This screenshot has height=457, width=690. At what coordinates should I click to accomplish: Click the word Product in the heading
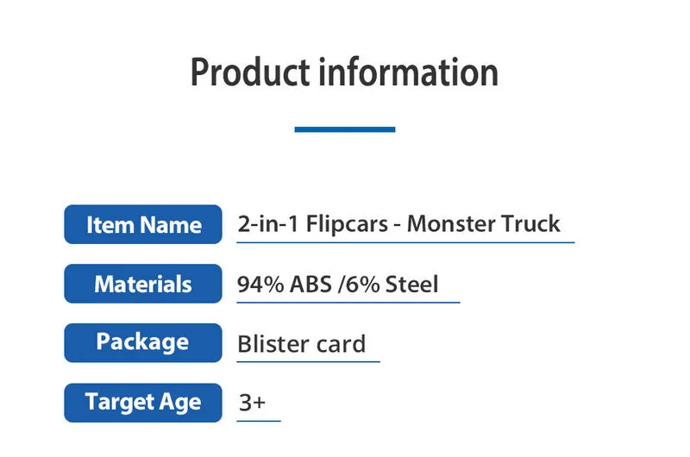250,72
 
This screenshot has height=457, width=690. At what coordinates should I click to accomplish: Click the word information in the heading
408,72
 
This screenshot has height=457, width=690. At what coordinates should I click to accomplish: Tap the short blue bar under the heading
345,129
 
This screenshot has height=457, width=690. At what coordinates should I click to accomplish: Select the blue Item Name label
143,224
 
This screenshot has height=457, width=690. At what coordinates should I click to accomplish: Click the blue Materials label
143,284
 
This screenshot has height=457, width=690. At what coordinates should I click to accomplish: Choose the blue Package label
143,343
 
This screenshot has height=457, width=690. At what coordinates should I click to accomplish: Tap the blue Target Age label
143,403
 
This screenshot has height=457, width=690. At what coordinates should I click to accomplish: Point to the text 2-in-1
268,223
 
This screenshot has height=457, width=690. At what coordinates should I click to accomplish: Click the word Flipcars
347,224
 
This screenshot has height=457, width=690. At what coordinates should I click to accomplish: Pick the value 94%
260,285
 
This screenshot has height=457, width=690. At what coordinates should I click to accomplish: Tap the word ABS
310,285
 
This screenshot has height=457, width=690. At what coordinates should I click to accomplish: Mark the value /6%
359,285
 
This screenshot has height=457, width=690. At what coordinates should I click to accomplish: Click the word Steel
412,285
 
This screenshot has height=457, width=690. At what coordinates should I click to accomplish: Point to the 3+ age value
252,403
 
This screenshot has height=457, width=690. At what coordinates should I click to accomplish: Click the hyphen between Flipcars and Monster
398,226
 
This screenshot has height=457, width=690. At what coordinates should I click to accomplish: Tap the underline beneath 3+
259,421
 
